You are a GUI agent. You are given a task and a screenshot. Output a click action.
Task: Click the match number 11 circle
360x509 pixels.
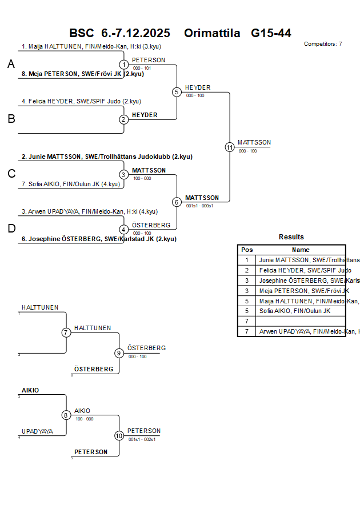coord(230,147)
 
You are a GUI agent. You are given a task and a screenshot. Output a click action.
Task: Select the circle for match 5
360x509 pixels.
coord(177,92)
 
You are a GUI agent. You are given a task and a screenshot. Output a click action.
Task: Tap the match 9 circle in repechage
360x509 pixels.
coord(119,353)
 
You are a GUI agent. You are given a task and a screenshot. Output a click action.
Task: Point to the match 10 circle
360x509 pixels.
coord(119,435)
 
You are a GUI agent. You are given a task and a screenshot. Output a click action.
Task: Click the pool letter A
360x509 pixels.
coord(11,65)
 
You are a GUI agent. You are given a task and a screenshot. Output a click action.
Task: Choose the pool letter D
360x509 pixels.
coord(11,229)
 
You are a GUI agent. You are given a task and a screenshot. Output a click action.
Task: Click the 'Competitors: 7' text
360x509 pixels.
coord(323,44)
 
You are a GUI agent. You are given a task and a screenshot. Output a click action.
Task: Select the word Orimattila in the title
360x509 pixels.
coord(212,33)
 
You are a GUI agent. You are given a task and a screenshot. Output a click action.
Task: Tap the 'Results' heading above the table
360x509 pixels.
coord(291,237)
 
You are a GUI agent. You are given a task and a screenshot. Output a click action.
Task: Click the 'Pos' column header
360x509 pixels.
coord(247,250)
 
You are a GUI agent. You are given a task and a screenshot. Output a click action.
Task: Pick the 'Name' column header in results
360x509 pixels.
coord(301,250)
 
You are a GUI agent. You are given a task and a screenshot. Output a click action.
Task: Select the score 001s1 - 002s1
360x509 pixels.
coord(142,439)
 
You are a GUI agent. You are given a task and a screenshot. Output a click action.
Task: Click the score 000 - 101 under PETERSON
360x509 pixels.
coord(142,68)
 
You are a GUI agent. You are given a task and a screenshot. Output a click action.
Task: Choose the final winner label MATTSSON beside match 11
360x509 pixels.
coord(254,142)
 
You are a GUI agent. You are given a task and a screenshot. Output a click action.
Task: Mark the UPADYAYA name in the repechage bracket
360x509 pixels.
coord(38,431)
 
